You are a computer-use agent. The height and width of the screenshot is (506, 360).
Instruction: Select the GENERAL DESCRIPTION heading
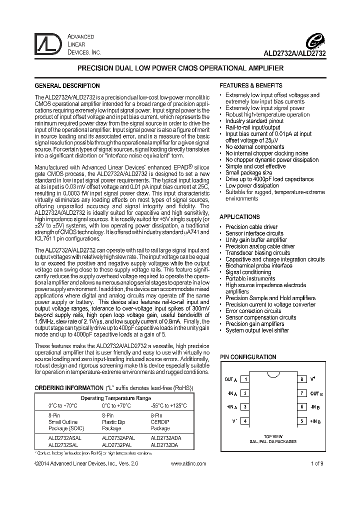click(67, 85)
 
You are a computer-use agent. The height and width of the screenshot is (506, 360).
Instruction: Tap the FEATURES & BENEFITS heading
click(251, 85)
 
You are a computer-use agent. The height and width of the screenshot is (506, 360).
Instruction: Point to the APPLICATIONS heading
click(239, 217)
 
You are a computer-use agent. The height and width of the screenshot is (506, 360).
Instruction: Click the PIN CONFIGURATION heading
click(248, 357)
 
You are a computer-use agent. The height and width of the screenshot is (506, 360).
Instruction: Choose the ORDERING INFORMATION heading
click(68, 388)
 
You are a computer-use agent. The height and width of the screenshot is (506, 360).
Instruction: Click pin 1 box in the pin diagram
click(245, 379)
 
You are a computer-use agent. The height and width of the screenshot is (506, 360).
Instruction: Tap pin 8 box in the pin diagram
click(302, 379)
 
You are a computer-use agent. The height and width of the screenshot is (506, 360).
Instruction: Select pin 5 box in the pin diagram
click(302, 421)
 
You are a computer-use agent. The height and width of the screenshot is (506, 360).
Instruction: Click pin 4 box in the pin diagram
click(245, 421)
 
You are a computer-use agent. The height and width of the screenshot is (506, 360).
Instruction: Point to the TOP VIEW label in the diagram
click(273, 436)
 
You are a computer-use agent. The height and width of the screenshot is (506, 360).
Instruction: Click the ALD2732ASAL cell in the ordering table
click(64, 436)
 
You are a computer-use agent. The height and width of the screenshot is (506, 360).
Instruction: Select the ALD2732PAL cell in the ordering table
click(116, 443)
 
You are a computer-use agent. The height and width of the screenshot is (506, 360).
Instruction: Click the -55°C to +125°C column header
click(168, 405)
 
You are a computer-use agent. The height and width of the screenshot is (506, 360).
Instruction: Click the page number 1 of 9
click(316, 463)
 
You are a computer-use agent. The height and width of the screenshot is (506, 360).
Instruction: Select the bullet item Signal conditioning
click(248, 272)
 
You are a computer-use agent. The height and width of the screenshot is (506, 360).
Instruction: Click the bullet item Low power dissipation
click(252, 185)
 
